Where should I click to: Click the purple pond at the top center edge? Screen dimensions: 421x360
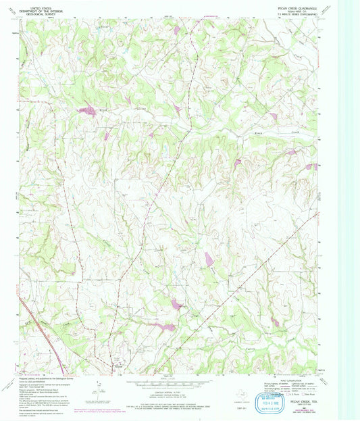pyautogui.click(x=176, y=30)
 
